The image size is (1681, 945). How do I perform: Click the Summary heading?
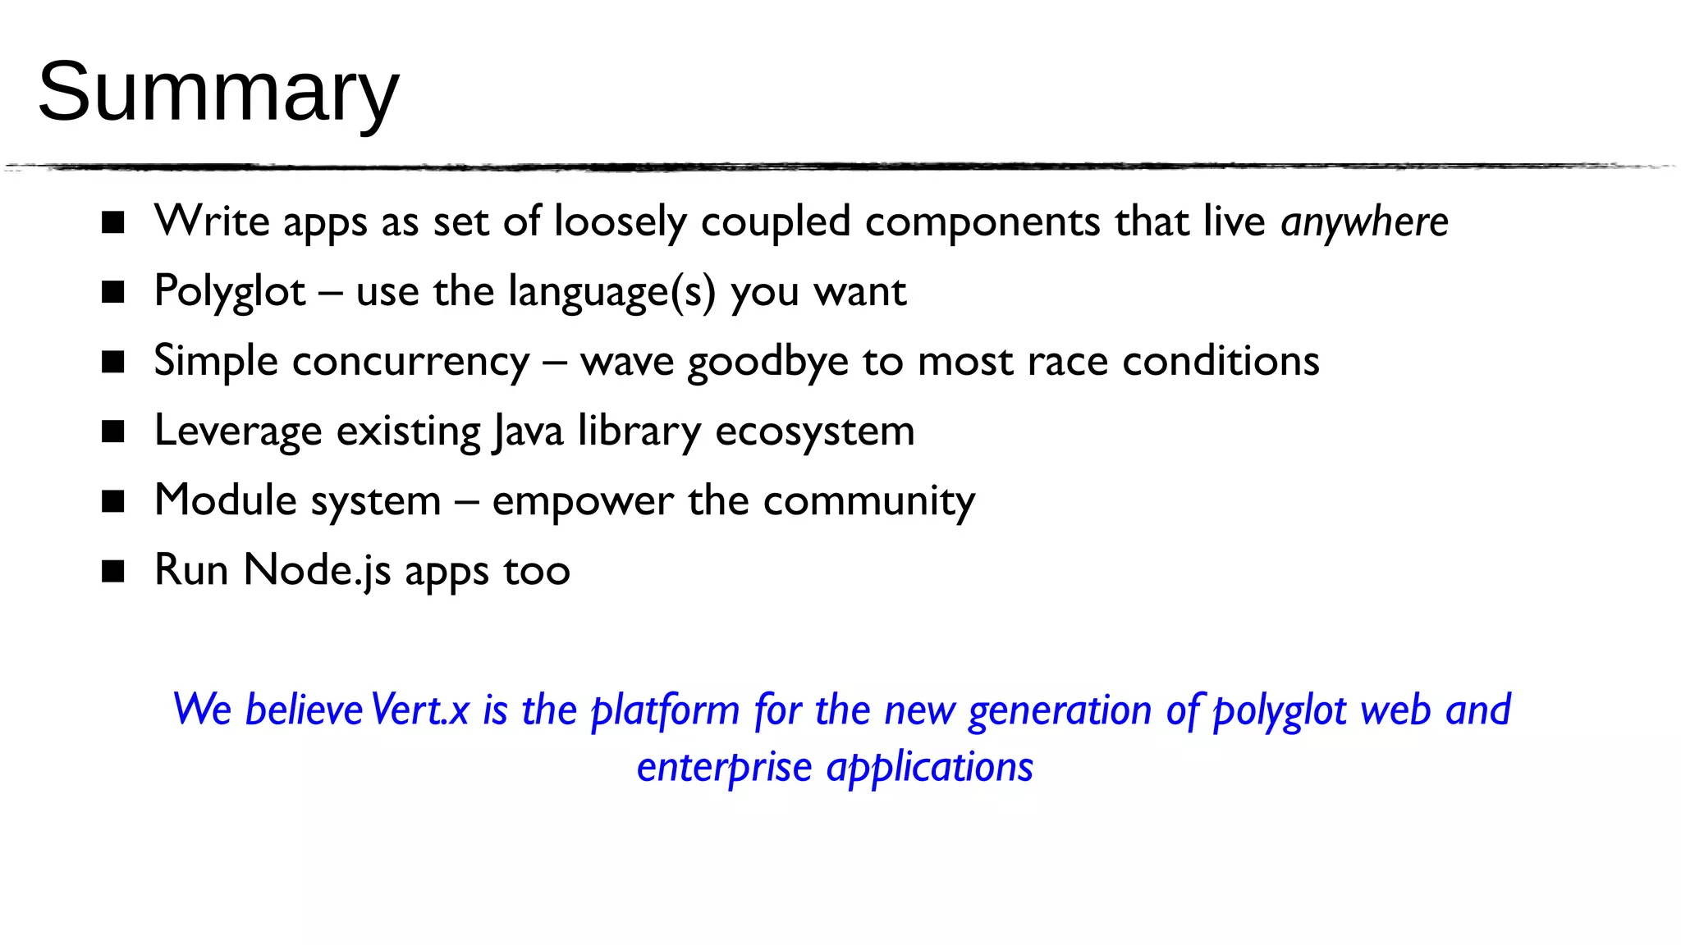[218, 92]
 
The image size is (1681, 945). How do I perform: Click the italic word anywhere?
[1364, 222]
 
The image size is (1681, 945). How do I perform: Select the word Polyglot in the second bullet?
[230, 292]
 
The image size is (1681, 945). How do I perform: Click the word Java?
[528, 431]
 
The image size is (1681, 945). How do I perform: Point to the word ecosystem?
[814, 431]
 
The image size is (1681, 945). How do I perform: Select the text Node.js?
[317, 571]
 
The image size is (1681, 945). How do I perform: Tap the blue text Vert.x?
[419, 710]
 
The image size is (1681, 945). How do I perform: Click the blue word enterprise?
[724, 768]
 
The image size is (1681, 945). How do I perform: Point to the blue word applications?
[929, 768]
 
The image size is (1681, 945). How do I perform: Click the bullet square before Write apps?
[112, 222]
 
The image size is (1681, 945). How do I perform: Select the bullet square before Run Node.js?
[112, 571]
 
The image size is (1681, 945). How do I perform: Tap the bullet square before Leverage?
[112, 431]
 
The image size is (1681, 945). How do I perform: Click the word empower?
[582, 501]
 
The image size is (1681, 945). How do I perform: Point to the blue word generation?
[1060, 710]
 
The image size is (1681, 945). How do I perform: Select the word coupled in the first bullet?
[775, 222]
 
